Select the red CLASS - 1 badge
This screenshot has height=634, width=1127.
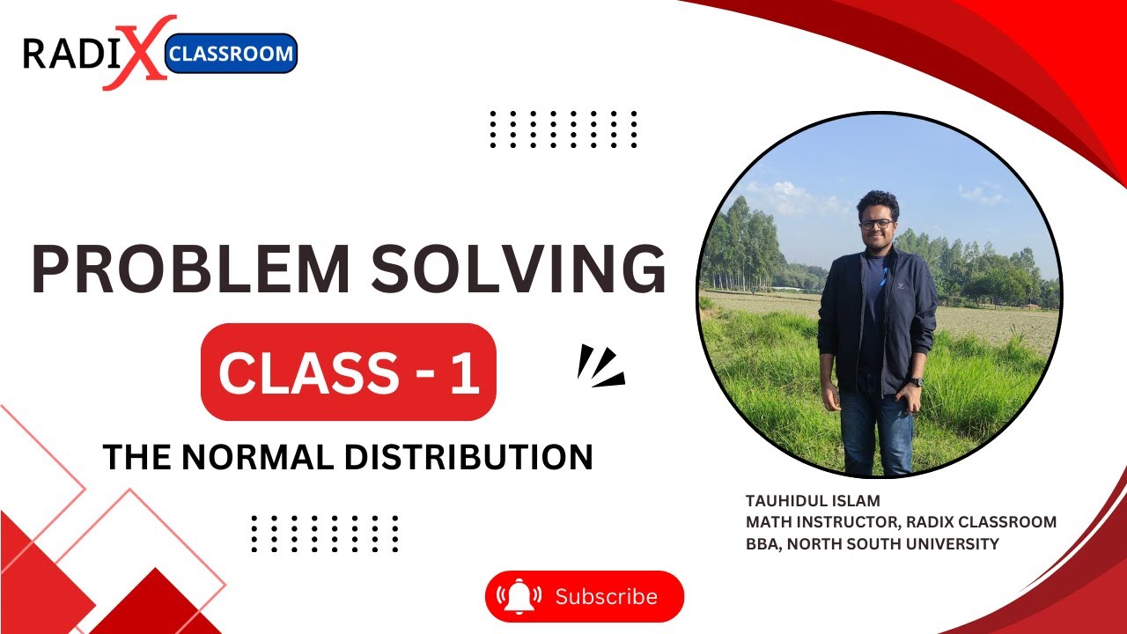point(349,372)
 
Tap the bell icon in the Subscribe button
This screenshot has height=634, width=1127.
point(520,597)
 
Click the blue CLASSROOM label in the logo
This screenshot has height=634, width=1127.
point(231,54)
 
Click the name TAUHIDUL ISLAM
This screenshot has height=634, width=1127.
point(812,501)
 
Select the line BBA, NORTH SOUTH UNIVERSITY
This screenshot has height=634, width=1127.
point(872,544)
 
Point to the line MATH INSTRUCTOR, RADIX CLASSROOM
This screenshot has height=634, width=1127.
point(901,522)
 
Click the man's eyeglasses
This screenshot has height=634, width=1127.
point(877,223)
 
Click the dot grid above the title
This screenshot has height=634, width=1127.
point(563,129)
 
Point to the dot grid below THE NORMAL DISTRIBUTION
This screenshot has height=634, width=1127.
point(325,534)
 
